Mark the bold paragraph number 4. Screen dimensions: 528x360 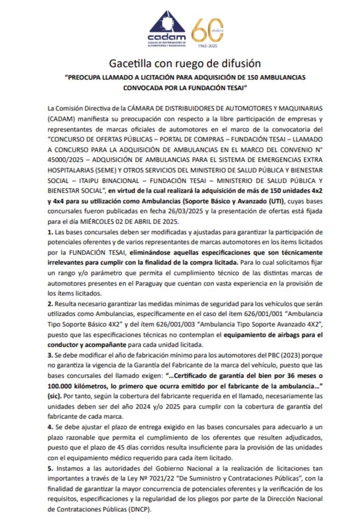[x=50, y=427]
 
